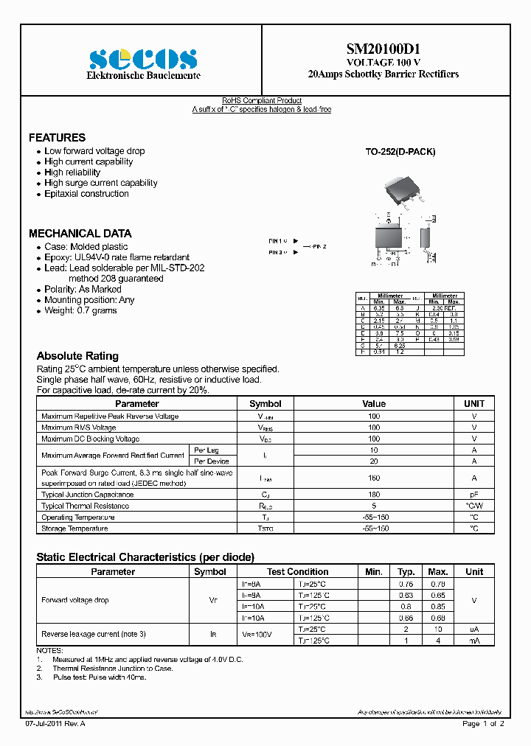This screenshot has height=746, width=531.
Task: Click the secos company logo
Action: (x=142, y=58)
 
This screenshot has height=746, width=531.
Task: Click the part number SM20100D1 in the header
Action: (x=383, y=49)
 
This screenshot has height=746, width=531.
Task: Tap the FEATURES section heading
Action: (x=57, y=138)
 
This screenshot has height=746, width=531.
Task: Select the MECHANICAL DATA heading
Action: (x=80, y=233)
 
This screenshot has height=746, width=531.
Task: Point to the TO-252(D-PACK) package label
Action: (x=400, y=152)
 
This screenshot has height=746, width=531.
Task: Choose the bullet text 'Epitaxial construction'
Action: (x=86, y=194)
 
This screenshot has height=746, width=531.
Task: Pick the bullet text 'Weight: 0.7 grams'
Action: (x=80, y=311)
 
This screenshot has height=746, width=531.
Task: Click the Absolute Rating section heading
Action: (x=77, y=356)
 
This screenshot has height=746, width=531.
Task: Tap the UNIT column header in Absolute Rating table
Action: (x=474, y=404)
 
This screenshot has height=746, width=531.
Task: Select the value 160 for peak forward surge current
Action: (x=374, y=478)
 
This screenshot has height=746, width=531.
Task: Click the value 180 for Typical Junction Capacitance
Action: (x=374, y=495)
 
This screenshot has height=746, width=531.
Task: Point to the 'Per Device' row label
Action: (x=211, y=461)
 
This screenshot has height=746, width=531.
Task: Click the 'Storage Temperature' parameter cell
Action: (x=74, y=529)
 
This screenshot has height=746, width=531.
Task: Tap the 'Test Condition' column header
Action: (x=298, y=572)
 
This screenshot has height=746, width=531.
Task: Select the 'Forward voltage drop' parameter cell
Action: (x=75, y=600)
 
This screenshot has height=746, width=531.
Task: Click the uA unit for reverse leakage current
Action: (x=474, y=630)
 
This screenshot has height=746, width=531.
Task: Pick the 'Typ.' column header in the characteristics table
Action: (x=406, y=572)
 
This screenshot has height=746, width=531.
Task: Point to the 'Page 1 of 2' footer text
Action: (x=483, y=724)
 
